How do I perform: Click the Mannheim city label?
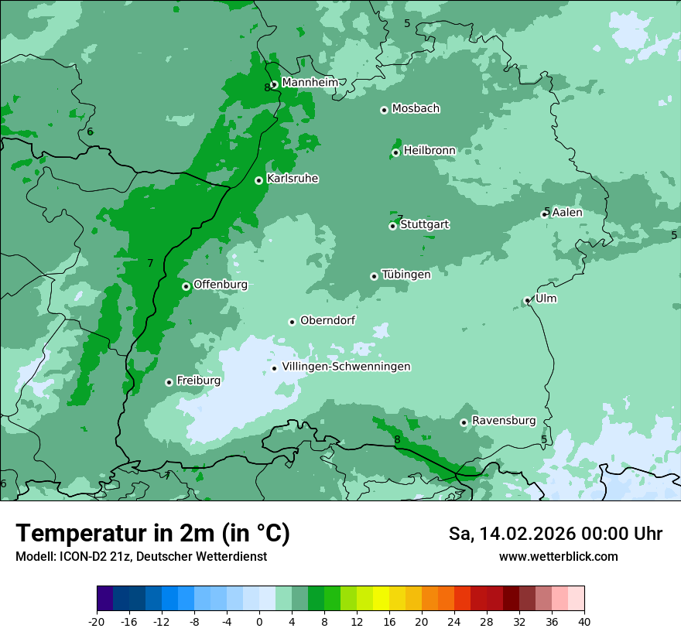pyautogui.click(x=310, y=82)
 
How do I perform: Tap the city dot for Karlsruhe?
pyautogui.click(x=259, y=180)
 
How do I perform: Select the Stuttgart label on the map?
pyautogui.click(x=424, y=224)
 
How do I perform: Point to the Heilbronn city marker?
pyautogui.click(x=395, y=152)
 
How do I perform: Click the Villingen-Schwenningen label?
pyautogui.click(x=346, y=367)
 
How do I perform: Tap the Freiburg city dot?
pyautogui.click(x=169, y=382)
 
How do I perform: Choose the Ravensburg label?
pyautogui.click(x=503, y=421)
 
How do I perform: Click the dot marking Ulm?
pyautogui.click(x=528, y=300)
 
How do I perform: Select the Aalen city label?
pyautogui.click(x=566, y=213)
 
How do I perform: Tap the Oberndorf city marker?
pyautogui.click(x=292, y=322)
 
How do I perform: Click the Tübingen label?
pyautogui.click(x=406, y=275)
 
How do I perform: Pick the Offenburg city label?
pyautogui.click(x=220, y=285)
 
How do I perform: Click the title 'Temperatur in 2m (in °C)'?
pyautogui.click(x=152, y=534)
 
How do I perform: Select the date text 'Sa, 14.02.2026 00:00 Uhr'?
pyautogui.click(x=555, y=534)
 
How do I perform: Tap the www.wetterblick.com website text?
pyautogui.click(x=558, y=557)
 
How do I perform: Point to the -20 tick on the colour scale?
pyautogui.click(x=97, y=621)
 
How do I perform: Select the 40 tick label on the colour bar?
pyautogui.click(x=584, y=621)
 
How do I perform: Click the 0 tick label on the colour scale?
pyautogui.click(x=259, y=621)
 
